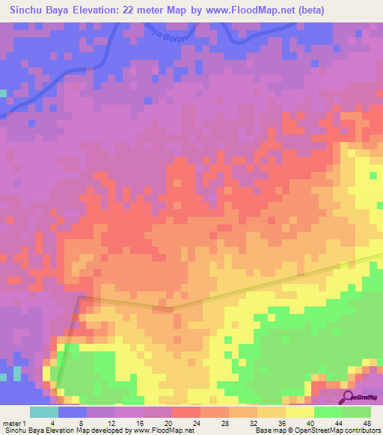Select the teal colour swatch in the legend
coord(44,412)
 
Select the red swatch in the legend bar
coord(186,412)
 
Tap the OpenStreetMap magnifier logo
coord(349,398)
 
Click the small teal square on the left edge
coord(3,93)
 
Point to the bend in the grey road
coord(173,307)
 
